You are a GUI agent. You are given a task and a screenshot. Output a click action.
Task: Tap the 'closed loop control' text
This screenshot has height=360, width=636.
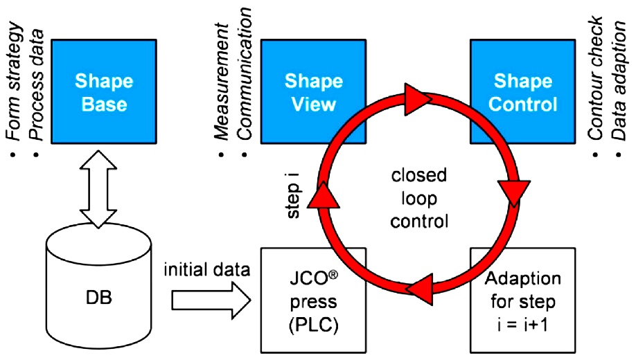pos(418,201)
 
